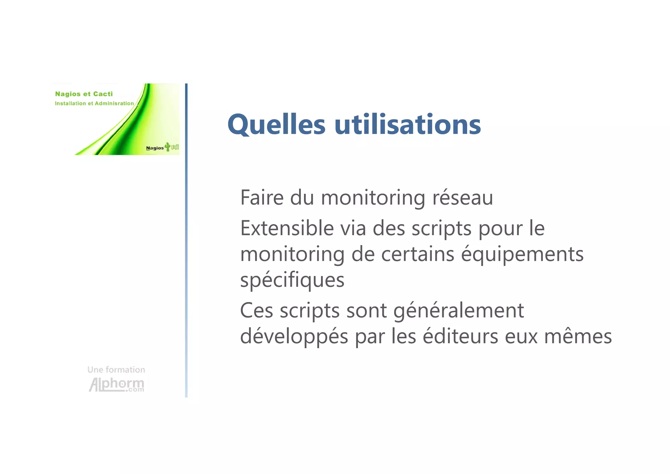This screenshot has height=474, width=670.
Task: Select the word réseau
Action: coord(463,198)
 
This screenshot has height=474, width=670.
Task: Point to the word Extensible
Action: coord(287,228)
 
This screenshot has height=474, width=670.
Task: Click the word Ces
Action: coord(256,311)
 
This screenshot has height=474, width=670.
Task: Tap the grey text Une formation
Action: coord(116,370)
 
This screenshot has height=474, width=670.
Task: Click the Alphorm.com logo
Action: coord(116,385)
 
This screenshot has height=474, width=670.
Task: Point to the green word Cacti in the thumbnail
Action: coord(103,94)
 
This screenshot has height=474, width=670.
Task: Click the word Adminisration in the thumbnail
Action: coord(114,104)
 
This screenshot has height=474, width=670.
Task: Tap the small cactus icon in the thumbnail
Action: coord(167,146)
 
